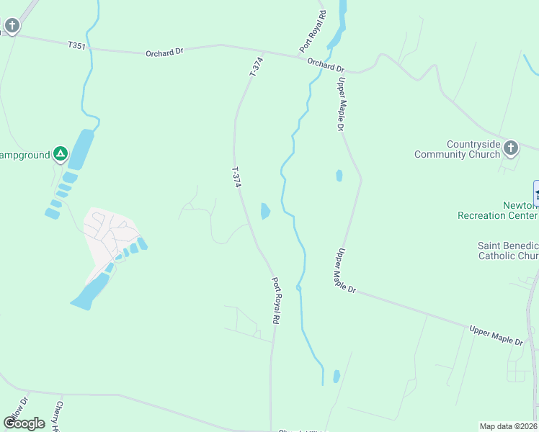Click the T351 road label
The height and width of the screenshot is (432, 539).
[76, 45]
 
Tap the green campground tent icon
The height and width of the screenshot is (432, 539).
[61, 153]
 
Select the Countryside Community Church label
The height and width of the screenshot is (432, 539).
[457, 149]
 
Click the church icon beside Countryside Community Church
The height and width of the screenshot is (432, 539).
[511, 148]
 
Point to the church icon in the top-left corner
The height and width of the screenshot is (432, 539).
[11, 27]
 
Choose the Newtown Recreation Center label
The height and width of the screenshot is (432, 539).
[498, 210]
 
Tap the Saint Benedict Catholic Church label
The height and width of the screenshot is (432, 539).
[508, 251]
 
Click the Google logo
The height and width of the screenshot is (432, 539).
[24, 423]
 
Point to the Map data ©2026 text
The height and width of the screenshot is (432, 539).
[509, 426]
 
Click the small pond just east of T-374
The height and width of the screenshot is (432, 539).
[264, 211]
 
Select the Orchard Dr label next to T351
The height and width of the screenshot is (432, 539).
[161, 53]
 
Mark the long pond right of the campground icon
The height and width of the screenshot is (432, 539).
[81, 149]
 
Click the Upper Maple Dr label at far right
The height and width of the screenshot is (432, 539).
[496, 336]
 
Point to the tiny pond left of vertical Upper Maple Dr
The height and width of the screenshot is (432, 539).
[339, 175]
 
